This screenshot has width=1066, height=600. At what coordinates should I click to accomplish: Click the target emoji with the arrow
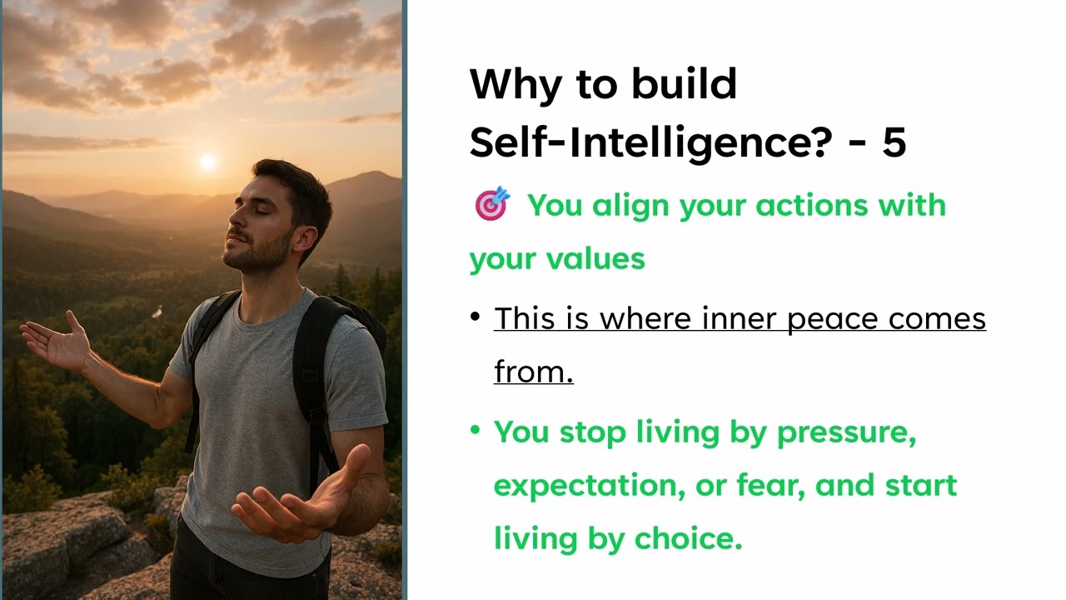point(491,204)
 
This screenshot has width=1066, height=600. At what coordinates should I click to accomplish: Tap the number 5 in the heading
point(894,142)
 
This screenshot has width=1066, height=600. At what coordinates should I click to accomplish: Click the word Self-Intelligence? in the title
point(650,142)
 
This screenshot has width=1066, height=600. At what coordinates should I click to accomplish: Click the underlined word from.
point(533,372)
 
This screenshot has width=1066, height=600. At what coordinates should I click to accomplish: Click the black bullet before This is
point(476,317)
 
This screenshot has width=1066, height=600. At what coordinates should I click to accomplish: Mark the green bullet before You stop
point(476,431)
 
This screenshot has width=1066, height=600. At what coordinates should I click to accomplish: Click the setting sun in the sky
point(207,162)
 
